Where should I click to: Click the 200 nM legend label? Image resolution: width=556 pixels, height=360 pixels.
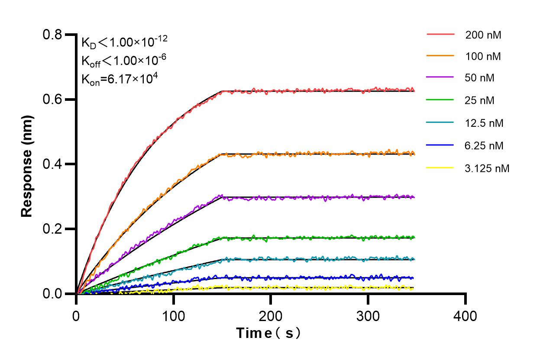pos(483,35)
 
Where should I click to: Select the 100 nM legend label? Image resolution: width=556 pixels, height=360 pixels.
pos(483,56)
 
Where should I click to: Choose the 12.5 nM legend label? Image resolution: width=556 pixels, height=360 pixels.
pos(485,123)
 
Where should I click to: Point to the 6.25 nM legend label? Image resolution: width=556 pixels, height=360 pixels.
pos(485,145)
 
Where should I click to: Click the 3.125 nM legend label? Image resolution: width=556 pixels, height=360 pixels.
pos(487,168)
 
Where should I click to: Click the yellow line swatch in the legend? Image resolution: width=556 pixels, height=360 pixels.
pos(440,168)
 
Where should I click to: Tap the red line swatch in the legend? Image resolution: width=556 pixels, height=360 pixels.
pos(440,34)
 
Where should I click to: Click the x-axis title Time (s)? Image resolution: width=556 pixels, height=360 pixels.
pos(268,333)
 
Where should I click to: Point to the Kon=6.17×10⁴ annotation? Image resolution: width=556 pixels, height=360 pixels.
pos(116,79)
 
